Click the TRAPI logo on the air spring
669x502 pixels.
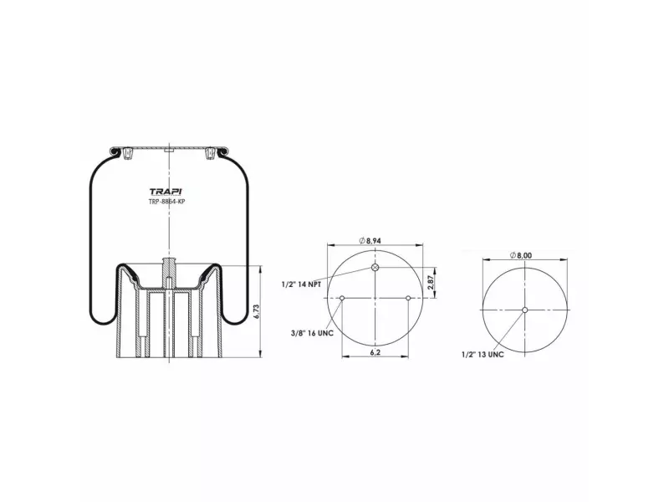point(165,192)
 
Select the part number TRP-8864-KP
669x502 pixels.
point(166,202)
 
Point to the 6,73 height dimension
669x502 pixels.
point(256,311)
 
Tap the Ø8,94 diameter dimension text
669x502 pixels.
point(370,241)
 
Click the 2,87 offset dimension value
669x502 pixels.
point(431,282)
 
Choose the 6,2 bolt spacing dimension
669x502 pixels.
point(375,352)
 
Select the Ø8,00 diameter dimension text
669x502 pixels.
point(520,255)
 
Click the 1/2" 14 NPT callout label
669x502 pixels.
point(301,284)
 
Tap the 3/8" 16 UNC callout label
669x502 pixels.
point(312,333)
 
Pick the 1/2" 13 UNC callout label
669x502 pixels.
point(483,354)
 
